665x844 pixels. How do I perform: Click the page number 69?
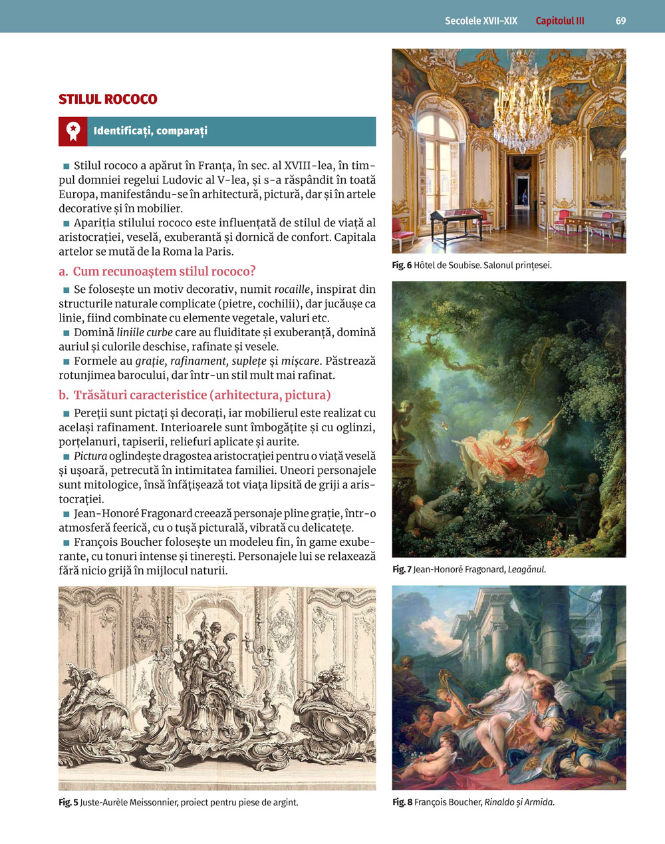pyautogui.click(x=620, y=21)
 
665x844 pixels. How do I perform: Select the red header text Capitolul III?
pyautogui.click(x=560, y=21)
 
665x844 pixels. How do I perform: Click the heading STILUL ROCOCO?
pyautogui.click(x=108, y=99)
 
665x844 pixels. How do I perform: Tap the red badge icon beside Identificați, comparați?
pyautogui.click(x=72, y=131)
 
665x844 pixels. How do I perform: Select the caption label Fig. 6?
pyautogui.click(x=402, y=266)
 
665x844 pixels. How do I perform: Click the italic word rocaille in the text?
pyautogui.click(x=292, y=290)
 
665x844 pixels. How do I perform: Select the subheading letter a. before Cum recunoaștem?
pyautogui.click(x=64, y=272)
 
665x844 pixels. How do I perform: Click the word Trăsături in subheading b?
pyautogui.click(x=100, y=395)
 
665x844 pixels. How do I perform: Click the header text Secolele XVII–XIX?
pyautogui.click(x=481, y=21)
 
